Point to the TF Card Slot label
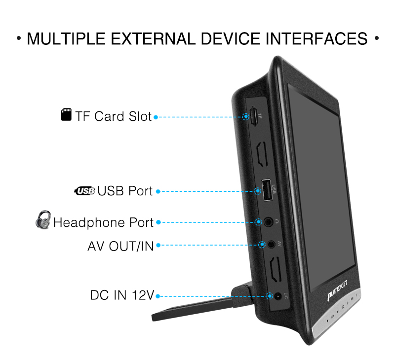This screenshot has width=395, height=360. (x=113, y=116)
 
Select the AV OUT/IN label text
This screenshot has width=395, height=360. (x=120, y=246)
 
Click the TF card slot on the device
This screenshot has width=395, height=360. (x=253, y=117)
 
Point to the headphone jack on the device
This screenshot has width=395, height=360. (x=268, y=222)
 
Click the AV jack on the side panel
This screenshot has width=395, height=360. (x=271, y=244)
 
